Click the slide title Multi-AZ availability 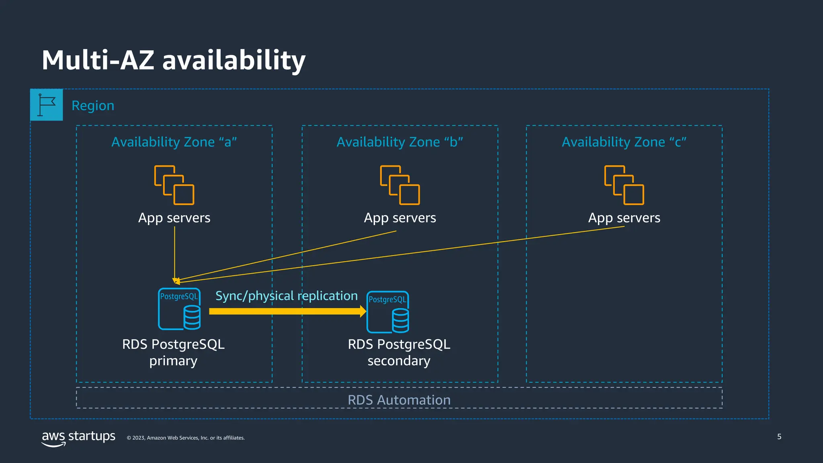(x=174, y=60)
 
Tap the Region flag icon (x=47, y=105)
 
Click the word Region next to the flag (x=93, y=106)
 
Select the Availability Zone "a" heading (x=174, y=142)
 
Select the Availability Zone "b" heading (x=399, y=142)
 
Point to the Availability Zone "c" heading (x=624, y=142)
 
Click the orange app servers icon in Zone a (x=174, y=185)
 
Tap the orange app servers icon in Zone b (x=400, y=185)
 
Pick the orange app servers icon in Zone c (x=624, y=185)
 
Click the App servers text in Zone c (x=624, y=218)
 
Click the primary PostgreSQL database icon (x=179, y=309)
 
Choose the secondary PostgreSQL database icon (x=388, y=312)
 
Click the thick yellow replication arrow (x=287, y=311)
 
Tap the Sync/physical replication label (x=287, y=296)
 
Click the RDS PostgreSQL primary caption (x=173, y=352)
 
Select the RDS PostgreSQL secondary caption (x=399, y=352)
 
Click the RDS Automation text (x=399, y=400)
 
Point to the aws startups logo (x=78, y=438)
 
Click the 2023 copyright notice (x=186, y=438)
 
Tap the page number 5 (x=779, y=436)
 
